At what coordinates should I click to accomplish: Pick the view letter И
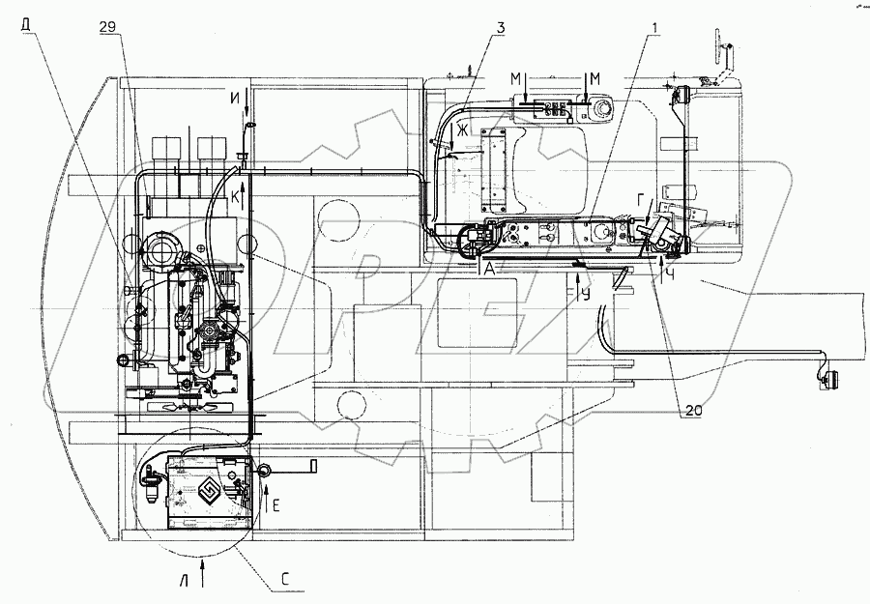point(236,96)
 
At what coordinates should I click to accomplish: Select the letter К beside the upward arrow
point(235,196)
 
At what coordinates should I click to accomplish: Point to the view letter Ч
point(670,272)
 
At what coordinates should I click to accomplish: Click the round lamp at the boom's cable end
point(829,380)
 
